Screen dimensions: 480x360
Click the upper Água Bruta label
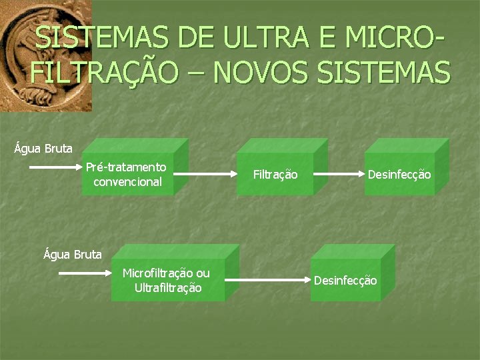[x=43, y=148]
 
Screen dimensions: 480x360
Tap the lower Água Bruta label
[x=73, y=253]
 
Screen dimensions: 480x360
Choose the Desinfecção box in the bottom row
[x=346, y=281]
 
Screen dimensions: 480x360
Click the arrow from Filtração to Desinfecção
[x=337, y=175]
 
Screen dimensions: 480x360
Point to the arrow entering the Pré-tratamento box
[x=56, y=168]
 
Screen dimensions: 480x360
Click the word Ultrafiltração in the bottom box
[x=168, y=288]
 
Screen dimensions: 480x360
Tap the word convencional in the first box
[x=128, y=181]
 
